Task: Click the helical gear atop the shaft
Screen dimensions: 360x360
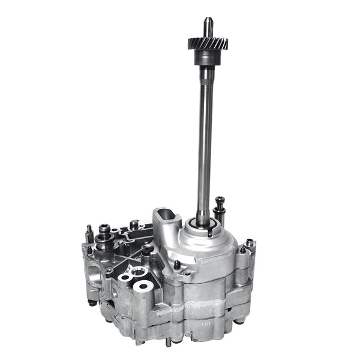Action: [x=208, y=44]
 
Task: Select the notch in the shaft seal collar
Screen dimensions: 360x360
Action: [x=210, y=229]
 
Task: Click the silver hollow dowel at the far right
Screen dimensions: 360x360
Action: [x=250, y=243]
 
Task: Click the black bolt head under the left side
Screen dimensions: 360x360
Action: [x=92, y=303]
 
